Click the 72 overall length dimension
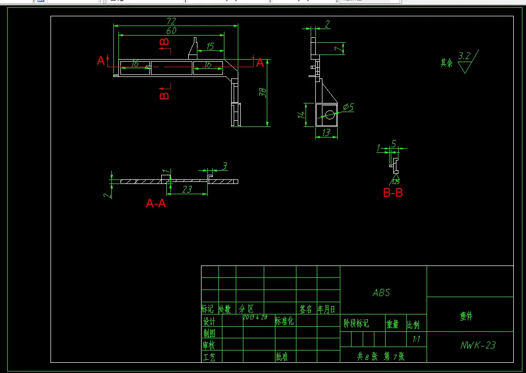tap(171, 21)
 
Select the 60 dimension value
tap(171, 31)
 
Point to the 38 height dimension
tap(262, 92)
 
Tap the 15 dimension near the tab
tap(210, 46)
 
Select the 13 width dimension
tap(327, 132)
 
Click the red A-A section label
tap(156, 203)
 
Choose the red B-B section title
tap(393, 193)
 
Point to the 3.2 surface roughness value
tap(464, 56)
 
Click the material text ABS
tap(381, 292)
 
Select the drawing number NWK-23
tap(478, 345)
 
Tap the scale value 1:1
tap(416, 339)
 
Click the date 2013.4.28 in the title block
tap(255, 317)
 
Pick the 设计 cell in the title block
tap(209, 322)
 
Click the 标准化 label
tap(285, 322)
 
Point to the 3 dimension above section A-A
tap(224, 167)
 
